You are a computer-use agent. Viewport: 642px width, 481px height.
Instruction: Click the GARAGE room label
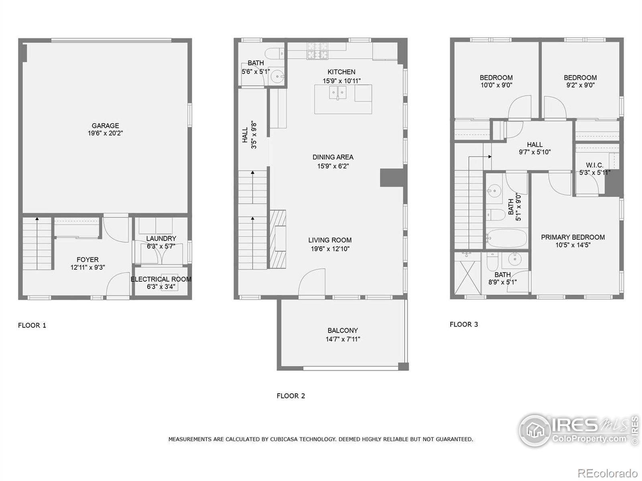click(105, 125)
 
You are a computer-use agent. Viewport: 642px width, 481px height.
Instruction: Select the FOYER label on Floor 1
click(87, 259)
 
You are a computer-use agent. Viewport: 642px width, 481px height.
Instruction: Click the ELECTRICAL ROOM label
click(161, 279)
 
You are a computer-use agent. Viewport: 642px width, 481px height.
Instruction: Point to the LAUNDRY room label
click(161, 238)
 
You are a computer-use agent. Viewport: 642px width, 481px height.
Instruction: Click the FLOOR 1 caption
click(32, 325)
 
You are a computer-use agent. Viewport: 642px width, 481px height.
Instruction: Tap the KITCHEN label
click(341, 72)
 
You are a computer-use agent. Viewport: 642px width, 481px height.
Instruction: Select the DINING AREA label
click(333, 157)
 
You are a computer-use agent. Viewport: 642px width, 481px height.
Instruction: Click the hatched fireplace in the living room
click(278, 239)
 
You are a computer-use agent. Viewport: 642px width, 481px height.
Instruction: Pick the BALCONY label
click(343, 330)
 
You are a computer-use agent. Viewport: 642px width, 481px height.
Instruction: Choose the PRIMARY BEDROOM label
click(573, 237)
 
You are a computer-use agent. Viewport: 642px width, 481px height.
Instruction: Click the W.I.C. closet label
click(594, 165)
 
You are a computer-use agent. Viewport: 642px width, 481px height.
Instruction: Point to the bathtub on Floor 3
click(506, 238)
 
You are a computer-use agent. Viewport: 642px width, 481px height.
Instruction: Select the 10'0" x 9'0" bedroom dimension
click(496, 85)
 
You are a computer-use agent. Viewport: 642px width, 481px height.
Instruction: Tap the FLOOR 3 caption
click(464, 324)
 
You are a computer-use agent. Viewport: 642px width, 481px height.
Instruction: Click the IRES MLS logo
click(578, 430)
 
